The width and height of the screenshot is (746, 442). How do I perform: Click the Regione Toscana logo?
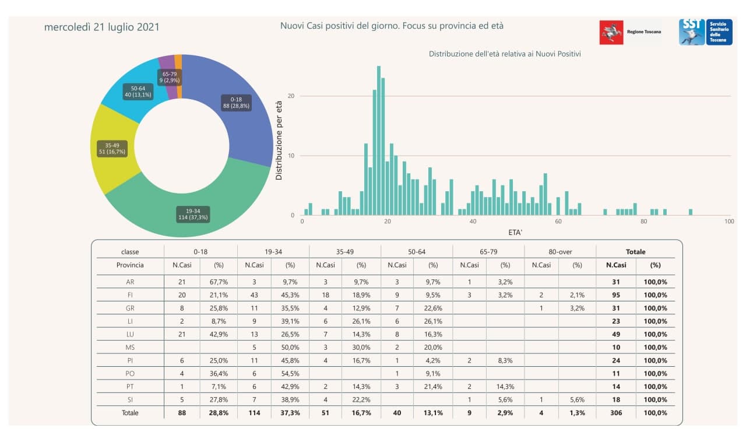click(x=631, y=32)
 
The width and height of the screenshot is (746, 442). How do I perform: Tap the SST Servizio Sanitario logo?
click(x=705, y=31)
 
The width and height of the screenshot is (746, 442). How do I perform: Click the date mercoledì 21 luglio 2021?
click(x=102, y=27)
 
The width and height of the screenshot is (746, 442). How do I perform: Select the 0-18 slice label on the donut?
click(x=236, y=103)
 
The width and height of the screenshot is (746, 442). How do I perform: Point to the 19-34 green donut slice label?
click(x=193, y=214)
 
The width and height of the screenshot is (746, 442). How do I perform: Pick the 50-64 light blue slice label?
click(x=138, y=92)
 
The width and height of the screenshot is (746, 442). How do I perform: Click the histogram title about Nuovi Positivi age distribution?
click(x=505, y=54)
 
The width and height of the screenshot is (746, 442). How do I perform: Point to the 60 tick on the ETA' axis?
click(x=558, y=222)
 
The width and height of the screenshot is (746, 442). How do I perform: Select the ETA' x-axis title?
click(x=515, y=231)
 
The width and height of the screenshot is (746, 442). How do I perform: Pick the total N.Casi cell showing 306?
click(x=615, y=413)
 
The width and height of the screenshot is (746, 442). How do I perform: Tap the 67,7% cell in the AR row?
click(x=219, y=282)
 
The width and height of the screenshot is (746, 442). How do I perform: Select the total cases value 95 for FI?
click(x=615, y=295)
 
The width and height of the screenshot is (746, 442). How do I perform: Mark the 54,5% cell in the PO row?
click(x=290, y=374)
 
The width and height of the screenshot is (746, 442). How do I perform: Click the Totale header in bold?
click(x=635, y=252)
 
